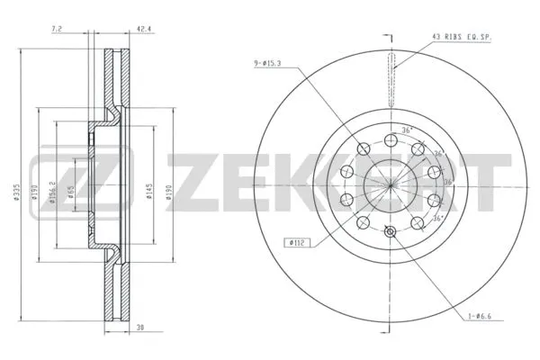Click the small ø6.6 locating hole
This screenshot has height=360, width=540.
[x=390, y=232]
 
